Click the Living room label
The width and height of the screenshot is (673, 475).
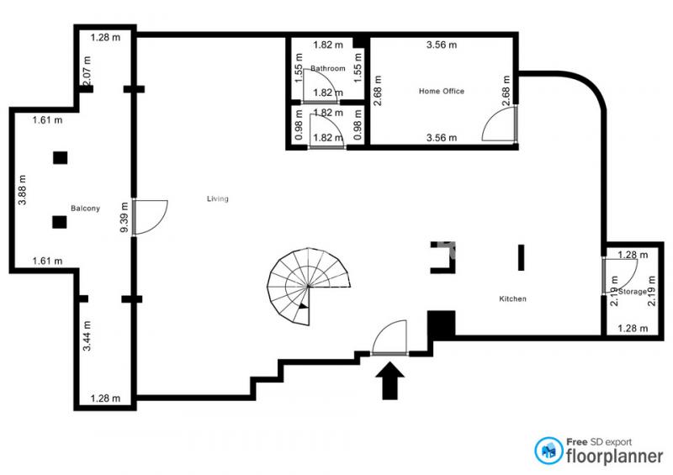(x=218, y=198)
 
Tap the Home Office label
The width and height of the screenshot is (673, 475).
(x=441, y=91)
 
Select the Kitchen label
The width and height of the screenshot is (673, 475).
(x=512, y=298)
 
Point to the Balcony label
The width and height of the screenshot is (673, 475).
(x=86, y=208)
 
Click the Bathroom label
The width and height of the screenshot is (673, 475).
(x=328, y=68)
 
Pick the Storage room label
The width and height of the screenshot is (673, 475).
(x=633, y=292)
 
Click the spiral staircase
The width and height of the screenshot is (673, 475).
(x=308, y=286)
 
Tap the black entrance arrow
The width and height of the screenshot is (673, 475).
(x=389, y=381)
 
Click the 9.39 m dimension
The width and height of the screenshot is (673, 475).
(x=124, y=217)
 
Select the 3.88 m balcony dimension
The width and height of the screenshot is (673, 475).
(x=23, y=190)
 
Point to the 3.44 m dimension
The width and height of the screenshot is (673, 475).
(x=87, y=336)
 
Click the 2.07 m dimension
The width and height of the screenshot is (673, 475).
(x=87, y=71)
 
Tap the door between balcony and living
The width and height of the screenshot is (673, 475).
(x=150, y=217)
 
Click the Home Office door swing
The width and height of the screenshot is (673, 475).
(x=499, y=124)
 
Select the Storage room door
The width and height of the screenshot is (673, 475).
(x=619, y=276)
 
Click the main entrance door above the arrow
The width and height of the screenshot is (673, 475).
(x=389, y=337)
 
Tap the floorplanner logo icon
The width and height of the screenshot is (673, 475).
(x=548, y=451)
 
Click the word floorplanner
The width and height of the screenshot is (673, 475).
(x=615, y=457)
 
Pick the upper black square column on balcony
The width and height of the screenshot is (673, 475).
(x=60, y=158)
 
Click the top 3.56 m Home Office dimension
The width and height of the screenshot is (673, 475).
(x=441, y=45)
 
